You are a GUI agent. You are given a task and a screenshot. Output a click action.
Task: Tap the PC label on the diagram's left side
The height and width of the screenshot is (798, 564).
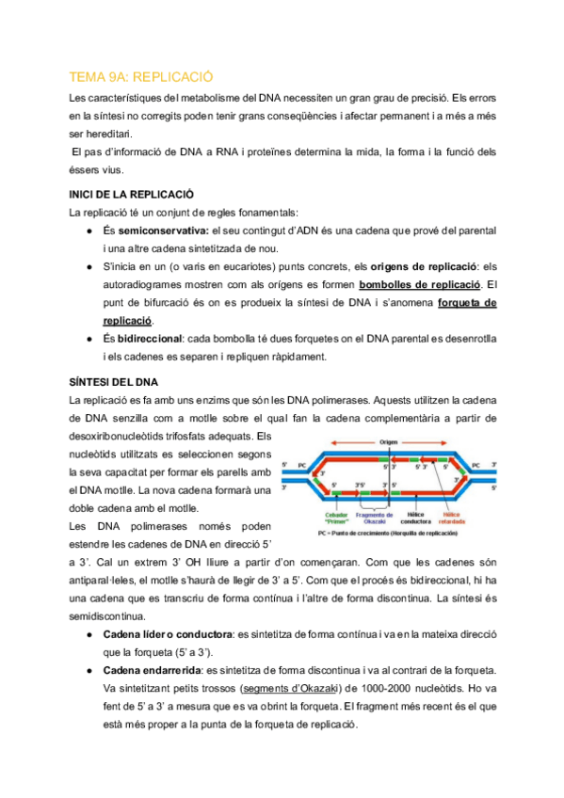pos(301,464)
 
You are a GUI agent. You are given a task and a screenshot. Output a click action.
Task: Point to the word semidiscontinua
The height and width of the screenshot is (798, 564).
pos(107,615)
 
